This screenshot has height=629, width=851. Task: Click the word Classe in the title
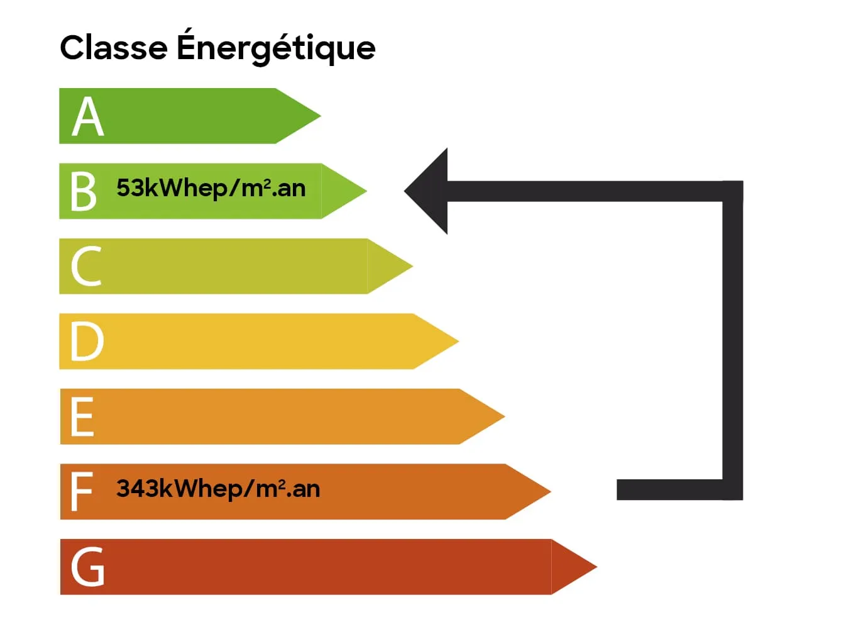(x=114, y=48)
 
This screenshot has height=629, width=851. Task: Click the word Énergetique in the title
(x=276, y=48)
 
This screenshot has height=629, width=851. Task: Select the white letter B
(x=84, y=191)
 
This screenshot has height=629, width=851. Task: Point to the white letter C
(x=86, y=267)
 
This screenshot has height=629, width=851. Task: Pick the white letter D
(x=87, y=342)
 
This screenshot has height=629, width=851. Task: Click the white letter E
(x=82, y=416)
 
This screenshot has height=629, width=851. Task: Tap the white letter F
(x=82, y=492)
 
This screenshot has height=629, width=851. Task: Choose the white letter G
(x=87, y=567)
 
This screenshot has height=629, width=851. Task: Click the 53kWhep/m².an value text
(x=211, y=188)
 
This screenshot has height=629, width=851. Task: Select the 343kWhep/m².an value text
(x=218, y=489)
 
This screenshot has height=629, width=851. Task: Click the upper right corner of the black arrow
(x=733, y=191)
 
